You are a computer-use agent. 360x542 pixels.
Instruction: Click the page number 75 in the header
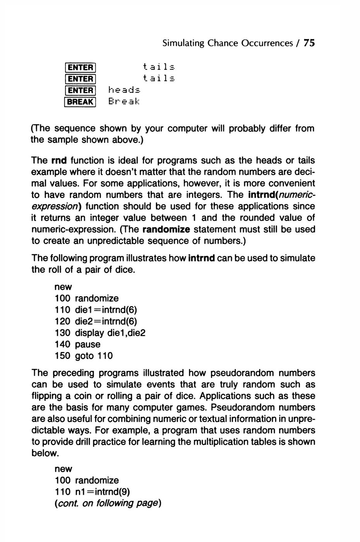[x=309, y=43]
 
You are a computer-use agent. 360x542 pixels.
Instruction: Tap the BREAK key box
[x=81, y=102]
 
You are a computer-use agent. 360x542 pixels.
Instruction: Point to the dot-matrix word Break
[x=123, y=102]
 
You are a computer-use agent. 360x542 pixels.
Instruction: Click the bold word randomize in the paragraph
[x=166, y=229]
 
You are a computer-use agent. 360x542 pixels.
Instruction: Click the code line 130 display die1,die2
[x=100, y=333]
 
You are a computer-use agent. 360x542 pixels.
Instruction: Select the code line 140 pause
[x=77, y=344]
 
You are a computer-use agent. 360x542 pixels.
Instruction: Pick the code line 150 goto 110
[x=84, y=355]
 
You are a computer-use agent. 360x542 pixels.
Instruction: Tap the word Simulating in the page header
[x=183, y=43]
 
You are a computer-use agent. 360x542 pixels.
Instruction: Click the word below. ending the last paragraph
[x=45, y=453]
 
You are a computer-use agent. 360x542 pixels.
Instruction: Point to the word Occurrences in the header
[x=267, y=43]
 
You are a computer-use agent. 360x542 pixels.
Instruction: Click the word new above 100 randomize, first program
[x=63, y=287]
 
